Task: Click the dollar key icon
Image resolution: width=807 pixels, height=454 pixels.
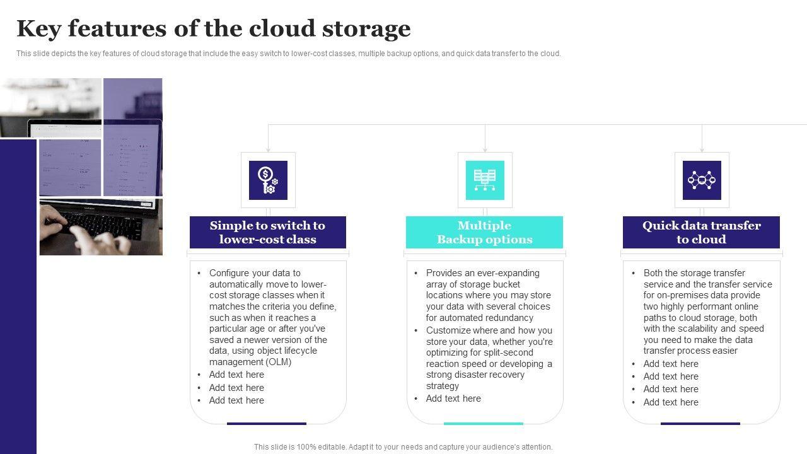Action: click(x=268, y=180)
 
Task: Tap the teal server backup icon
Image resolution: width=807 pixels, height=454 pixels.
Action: click(x=485, y=180)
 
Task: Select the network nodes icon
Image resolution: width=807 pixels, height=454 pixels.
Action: click(x=702, y=180)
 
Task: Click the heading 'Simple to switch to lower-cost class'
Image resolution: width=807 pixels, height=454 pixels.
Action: click(x=268, y=232)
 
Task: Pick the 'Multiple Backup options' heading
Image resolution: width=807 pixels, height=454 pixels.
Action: click(x=484, y=232)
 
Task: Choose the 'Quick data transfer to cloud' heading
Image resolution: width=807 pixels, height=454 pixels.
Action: click(x=701, y=232)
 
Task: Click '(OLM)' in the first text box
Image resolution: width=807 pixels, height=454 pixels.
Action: click(x=279, y=362)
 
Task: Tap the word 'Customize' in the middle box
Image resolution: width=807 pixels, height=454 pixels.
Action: click(x=448, y=330)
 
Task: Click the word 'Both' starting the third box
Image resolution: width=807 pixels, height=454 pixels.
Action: click(x=654, y=273)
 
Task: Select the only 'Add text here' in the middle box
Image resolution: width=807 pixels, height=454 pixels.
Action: click(x=453, y=399)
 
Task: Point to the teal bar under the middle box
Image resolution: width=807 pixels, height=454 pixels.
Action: click(x=485, y=424)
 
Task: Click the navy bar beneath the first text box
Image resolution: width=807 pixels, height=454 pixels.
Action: click(x=267, y=424)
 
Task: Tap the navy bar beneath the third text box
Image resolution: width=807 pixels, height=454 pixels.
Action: click(x=700, y=424)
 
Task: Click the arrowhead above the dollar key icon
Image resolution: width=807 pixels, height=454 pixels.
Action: click(x=268, y=149)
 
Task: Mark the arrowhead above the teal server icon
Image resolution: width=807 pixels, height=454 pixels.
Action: click(x=485, y=149)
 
